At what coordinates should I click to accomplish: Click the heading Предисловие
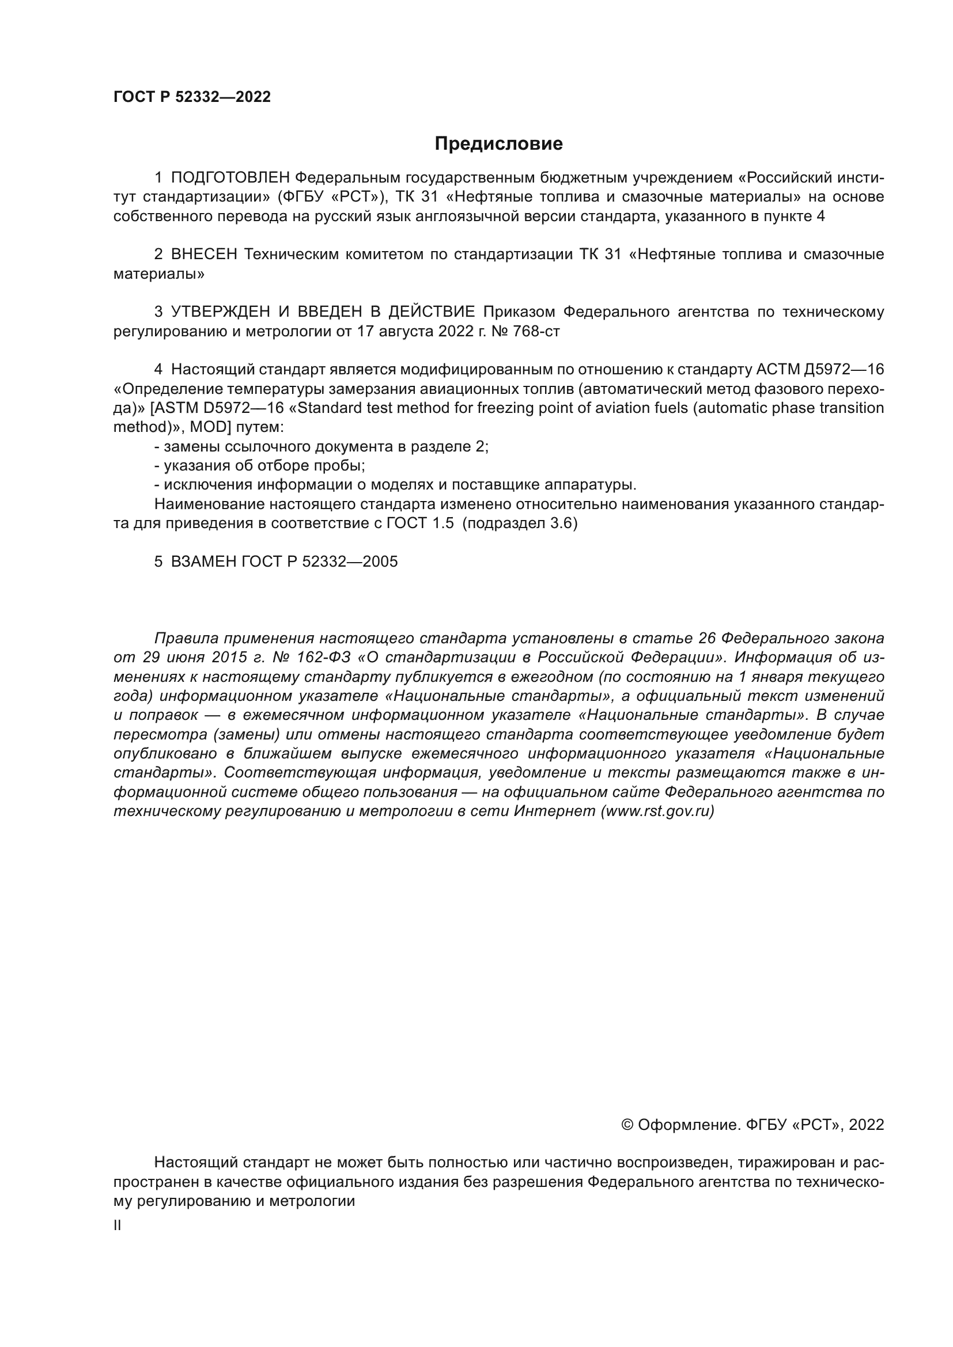498,144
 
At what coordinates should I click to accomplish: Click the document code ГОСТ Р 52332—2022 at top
192,97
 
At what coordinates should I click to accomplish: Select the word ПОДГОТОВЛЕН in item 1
230,178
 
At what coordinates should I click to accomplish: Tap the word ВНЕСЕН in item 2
203,255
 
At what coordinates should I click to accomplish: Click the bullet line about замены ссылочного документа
321,446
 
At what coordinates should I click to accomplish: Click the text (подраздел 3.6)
520,523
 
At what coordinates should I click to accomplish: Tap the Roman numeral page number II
118,1225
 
